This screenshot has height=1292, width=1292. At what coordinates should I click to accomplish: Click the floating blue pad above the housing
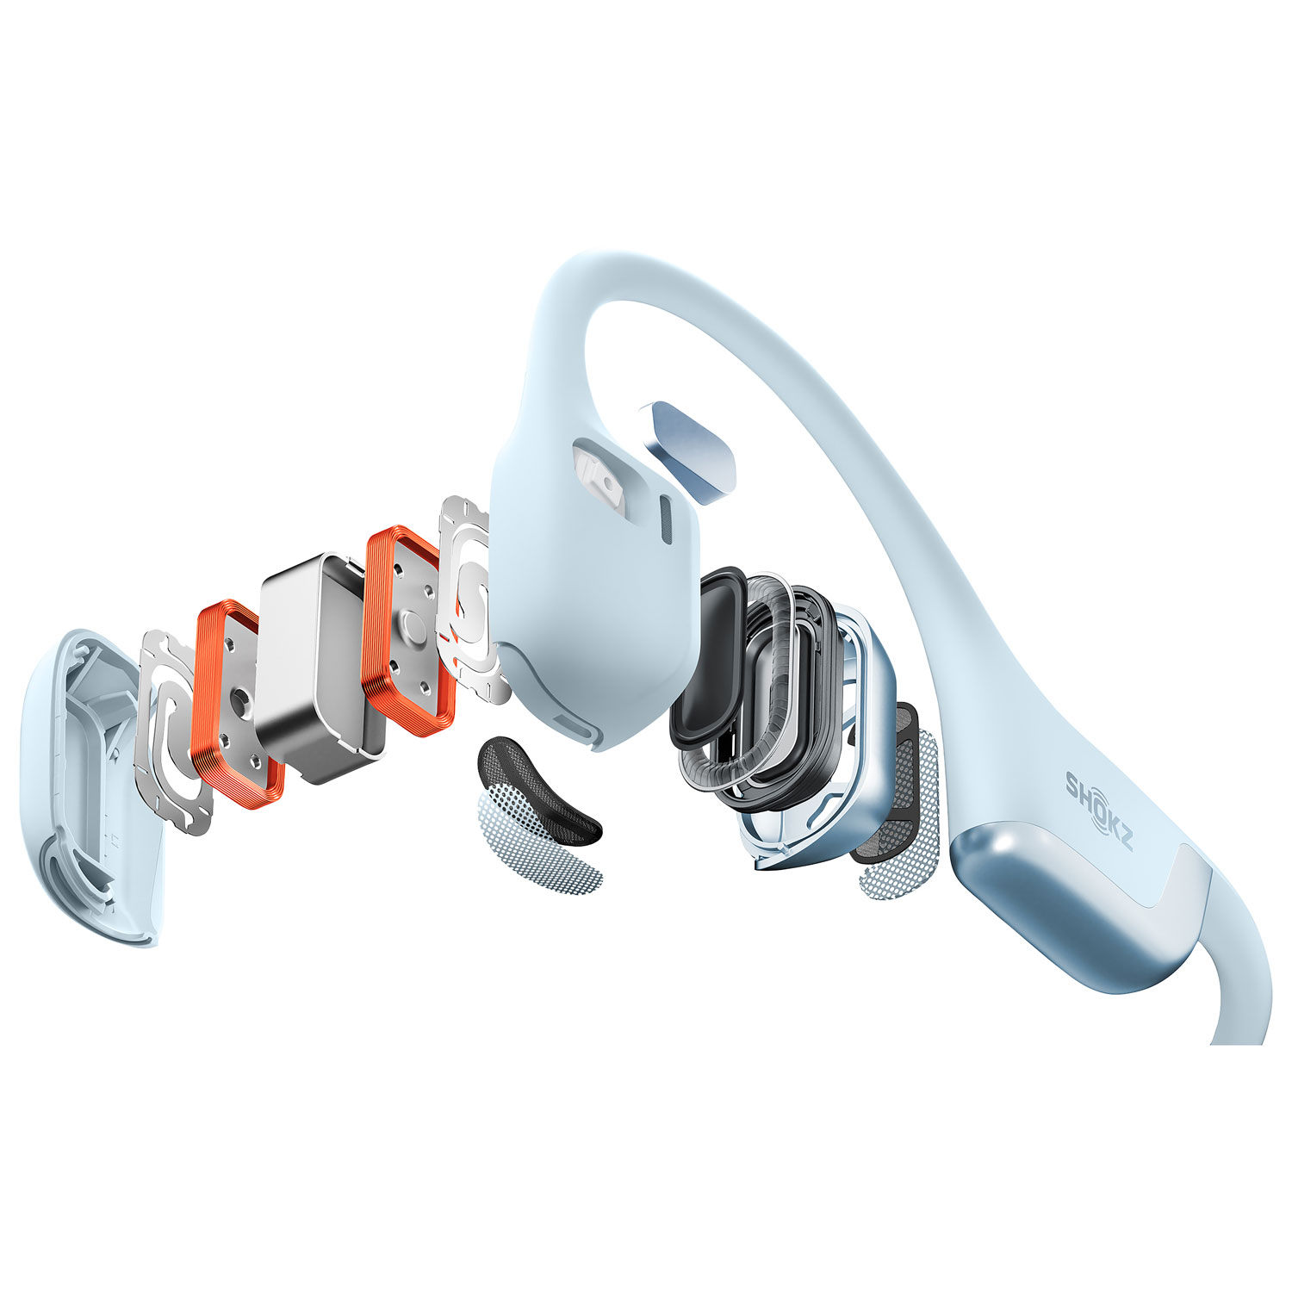[693, 450]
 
